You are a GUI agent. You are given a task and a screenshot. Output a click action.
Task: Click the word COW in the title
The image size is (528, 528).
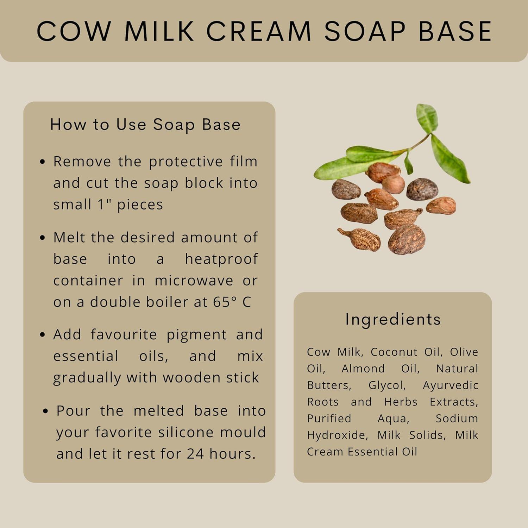click(74, 31)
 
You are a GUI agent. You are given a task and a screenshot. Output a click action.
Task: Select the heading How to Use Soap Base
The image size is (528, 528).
click(145, 125)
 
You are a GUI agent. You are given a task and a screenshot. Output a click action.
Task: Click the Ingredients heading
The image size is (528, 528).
click(393, 319)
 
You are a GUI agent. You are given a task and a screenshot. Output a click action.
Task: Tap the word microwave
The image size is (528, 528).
click(194, 281)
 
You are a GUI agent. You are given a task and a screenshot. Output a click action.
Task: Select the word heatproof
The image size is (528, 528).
click(221, 259)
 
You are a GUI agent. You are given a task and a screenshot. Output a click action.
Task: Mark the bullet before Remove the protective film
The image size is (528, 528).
click(43, 162)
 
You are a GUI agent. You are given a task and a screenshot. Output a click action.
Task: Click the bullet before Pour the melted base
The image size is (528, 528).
click(45, 411)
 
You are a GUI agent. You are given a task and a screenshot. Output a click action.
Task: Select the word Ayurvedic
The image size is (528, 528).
click(450, 385)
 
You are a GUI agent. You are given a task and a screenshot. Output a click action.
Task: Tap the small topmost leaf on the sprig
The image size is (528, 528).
click(427, 118)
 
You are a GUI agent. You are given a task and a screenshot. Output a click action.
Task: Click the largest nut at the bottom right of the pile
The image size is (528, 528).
click(407, 239)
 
